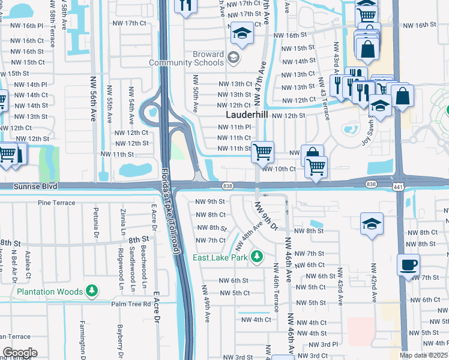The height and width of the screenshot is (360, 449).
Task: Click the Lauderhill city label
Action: (247, 115)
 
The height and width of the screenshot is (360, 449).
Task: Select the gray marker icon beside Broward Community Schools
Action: (234, 59)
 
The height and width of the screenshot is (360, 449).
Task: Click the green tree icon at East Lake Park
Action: (257, 257)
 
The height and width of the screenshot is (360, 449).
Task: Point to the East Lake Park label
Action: (220, 257)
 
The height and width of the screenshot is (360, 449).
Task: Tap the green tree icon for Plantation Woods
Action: (91, 292)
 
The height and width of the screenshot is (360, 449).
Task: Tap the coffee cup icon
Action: (408, 265)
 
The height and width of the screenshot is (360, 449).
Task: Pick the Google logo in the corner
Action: (20, 352)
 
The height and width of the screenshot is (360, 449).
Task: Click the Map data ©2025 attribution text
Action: (424, 355)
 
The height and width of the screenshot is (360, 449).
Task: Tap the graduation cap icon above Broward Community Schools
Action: (242, 34)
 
